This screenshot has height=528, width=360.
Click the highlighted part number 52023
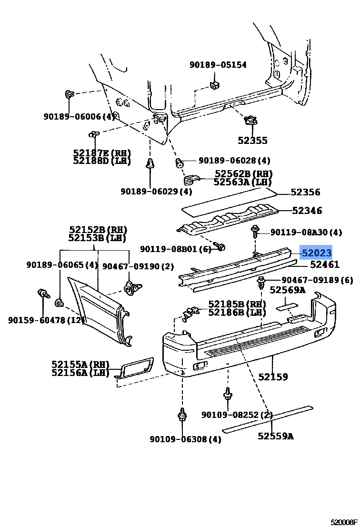[316, 253]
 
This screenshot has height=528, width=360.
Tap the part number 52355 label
[252, 141]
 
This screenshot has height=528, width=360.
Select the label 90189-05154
[218, 64]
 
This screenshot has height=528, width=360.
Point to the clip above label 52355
[250, 120]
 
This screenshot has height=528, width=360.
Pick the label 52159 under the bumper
[273, 376]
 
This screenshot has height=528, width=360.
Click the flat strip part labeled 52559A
[268, 418]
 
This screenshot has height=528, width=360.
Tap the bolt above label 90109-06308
[182, 415]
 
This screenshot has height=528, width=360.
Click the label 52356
[306, 192]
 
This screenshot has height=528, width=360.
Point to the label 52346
[307, 211]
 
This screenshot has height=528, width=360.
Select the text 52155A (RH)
[80, 364]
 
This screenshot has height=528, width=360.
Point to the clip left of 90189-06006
[70, 94]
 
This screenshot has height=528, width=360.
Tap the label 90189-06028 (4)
[234, 161]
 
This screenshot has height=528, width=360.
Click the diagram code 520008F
[344, 522]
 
